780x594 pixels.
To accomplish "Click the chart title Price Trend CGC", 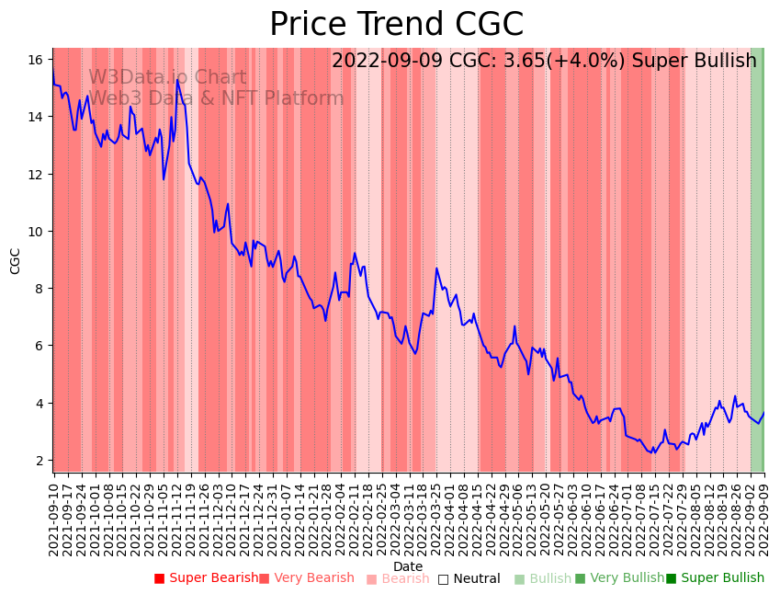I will point(396,25).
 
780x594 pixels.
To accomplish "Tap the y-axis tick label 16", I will point(36,60).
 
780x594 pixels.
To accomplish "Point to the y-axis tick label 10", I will point(36,232).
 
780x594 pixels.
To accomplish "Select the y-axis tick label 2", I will point(40,461).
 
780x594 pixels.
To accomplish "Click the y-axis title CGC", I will point(16,260).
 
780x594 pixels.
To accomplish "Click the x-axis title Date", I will point(408,566).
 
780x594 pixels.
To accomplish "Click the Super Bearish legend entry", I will point(207,578).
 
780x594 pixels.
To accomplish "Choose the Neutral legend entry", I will point(469,578).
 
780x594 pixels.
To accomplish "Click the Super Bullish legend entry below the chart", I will point(716,578).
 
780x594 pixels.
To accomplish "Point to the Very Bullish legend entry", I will point(619,578).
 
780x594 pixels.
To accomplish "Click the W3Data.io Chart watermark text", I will point(167,78).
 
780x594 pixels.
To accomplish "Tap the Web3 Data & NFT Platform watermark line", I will point(216,98).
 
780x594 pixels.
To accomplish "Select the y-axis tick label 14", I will point(36,117).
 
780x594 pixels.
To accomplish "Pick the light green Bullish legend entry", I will point(543,578).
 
